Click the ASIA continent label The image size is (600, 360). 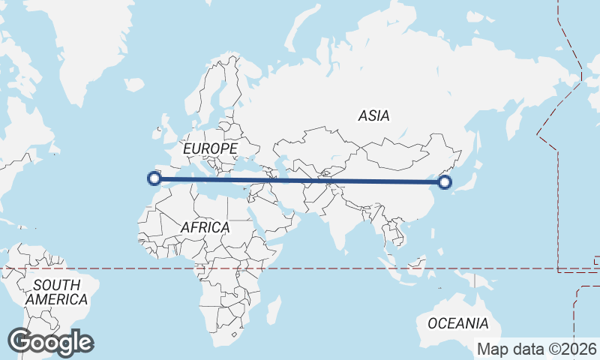[x=373, y=115]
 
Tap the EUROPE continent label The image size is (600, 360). [x=210, y=149]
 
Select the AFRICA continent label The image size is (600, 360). [x=205, y=226]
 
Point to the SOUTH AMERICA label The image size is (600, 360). [x=56, y=292]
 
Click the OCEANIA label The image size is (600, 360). [x=457, y=323]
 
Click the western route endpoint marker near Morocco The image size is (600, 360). [x=154, y=178]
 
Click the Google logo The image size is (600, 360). [x=50, y=342]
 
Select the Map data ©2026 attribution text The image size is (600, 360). [x=537, y=349]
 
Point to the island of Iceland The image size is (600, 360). [x=133, y=85]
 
